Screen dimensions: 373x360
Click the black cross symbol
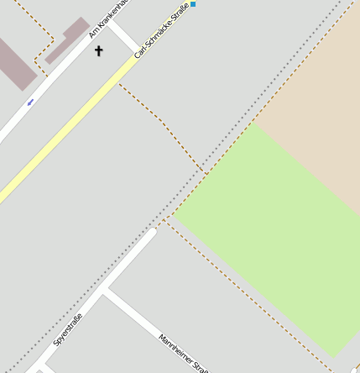click(x=98, y=51)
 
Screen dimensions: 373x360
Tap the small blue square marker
click(x=193, y=4)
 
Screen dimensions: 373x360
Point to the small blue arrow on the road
click(x=31, y=102)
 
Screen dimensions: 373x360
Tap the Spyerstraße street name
click(x=68, y=328)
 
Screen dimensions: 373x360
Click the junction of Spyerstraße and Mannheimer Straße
click(x=103, y=292)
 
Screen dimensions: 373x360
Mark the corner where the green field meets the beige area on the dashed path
click(x=254, y=123)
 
